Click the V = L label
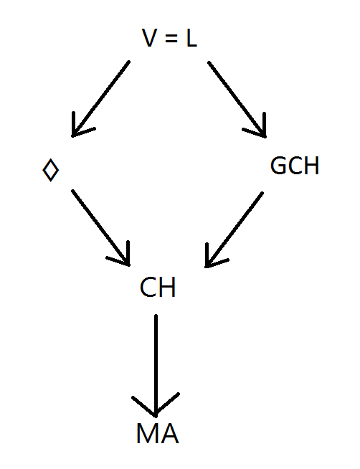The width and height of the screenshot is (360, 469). point(169,38)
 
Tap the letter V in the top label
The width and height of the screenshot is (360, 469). point(149,38)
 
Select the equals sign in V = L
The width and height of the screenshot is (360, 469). point(171,38)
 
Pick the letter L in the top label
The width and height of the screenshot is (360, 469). point(191,38)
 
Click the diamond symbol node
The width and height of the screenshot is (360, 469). point(51,170)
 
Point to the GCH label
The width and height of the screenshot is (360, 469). point(295,166)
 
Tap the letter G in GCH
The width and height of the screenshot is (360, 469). point(278,166)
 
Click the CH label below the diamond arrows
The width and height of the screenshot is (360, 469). point(158,287)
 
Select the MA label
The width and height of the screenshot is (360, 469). point(158,433)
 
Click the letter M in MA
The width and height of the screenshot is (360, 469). point(146,433)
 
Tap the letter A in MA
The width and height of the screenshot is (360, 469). point(169,433)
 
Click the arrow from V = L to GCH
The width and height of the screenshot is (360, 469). point(237,100)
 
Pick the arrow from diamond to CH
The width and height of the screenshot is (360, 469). point(101,227)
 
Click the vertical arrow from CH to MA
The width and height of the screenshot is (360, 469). point(156,366)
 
